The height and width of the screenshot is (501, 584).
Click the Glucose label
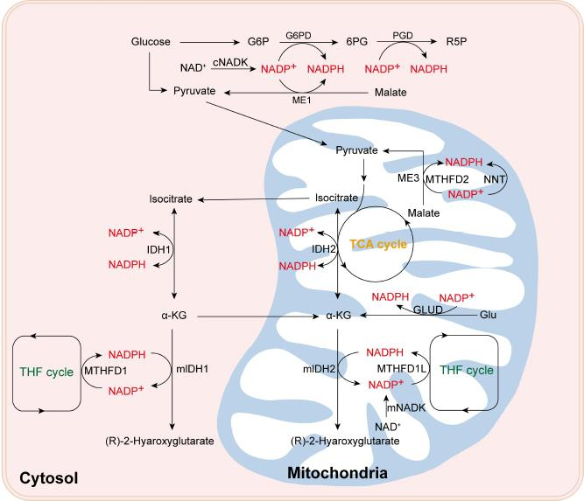(151, 41)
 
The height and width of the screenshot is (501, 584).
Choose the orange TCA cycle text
(378, 244)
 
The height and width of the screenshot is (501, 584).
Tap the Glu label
(487, 314)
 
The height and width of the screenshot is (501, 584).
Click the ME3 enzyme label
(410, 178)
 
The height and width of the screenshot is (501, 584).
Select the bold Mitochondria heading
(337, 473)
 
